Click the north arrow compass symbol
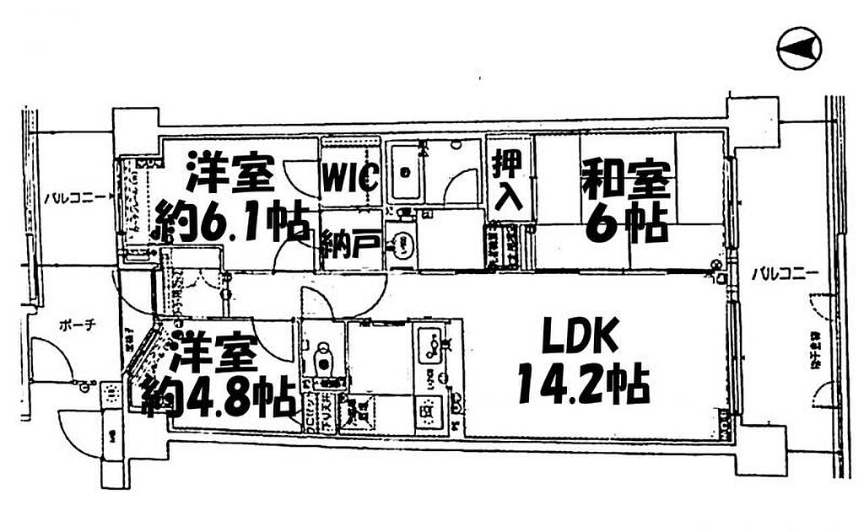tap(799, 50)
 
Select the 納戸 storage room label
tap(349, 246)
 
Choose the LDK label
tap(582, 339)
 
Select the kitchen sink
tap(432, 344)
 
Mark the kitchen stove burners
tap(429, 412)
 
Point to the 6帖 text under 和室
tap(625, 223)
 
